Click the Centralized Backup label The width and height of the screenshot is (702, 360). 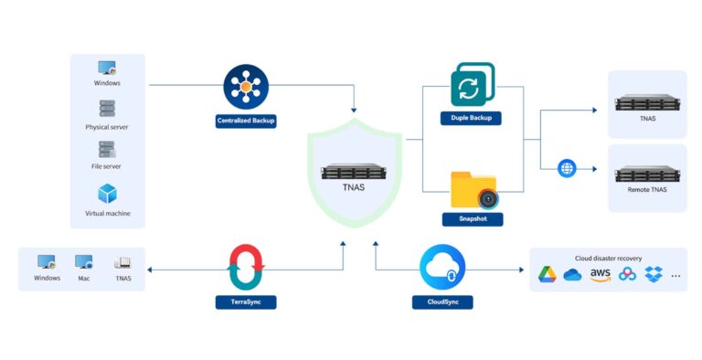click(246, 120)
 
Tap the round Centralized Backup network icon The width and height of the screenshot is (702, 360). click(246, 86)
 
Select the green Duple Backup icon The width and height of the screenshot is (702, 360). click(472, 85)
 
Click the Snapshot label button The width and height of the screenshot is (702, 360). click(472, 219)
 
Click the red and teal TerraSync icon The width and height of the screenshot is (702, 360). click(246, 267)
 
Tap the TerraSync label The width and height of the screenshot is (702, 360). click(246, 301)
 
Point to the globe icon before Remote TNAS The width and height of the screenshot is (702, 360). click(567, 168)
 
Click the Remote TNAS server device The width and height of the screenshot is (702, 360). click(647, 172)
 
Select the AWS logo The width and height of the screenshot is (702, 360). click(600, 274)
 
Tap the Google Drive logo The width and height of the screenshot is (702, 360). click(547, 274)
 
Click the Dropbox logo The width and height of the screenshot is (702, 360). click(653, 274)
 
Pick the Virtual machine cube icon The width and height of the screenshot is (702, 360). click(108, 194)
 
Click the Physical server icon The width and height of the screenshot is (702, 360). click(108, 109)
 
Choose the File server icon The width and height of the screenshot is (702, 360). click(108, 149)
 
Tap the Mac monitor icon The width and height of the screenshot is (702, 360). click(84, 262)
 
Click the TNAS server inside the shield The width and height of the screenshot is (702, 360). click(356, 172)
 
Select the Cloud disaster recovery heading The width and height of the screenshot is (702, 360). click(608, 258)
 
